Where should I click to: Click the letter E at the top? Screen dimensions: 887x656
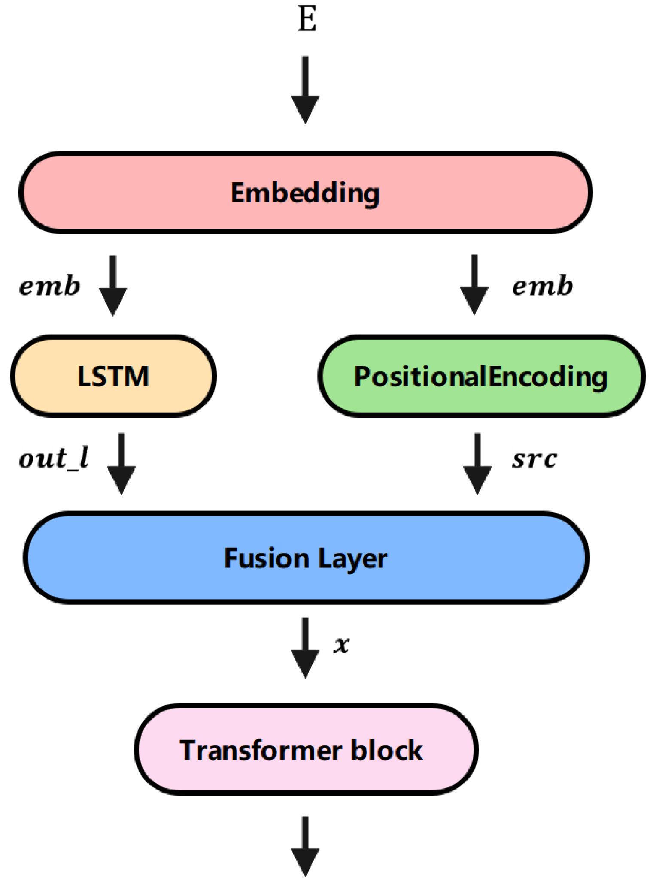[307, 20]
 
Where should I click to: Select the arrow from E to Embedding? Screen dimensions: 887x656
[305, 90]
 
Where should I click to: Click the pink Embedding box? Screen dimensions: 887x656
[306, 193]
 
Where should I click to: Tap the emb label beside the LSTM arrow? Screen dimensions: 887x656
[50, 287]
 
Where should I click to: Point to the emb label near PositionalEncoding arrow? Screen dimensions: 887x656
[542, 287]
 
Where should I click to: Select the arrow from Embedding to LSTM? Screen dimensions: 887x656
[113, 286]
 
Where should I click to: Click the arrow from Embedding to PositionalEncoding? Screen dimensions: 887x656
[474, 285]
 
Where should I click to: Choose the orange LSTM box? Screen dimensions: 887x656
[113, 376]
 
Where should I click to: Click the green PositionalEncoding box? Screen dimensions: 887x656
[481, 376]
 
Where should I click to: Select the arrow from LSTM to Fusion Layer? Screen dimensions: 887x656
[121, 463]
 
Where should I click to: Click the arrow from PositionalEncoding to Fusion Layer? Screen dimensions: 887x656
[477, 463]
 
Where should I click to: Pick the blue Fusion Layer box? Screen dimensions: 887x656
[306, 558]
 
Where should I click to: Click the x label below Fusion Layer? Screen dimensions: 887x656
[342, 645]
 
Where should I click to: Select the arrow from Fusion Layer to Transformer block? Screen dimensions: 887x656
[305, 648]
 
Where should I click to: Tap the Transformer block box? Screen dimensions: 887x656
[306, 750]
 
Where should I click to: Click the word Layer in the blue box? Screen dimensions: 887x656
[352, 559]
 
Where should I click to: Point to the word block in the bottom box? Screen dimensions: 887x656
[386, 750]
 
